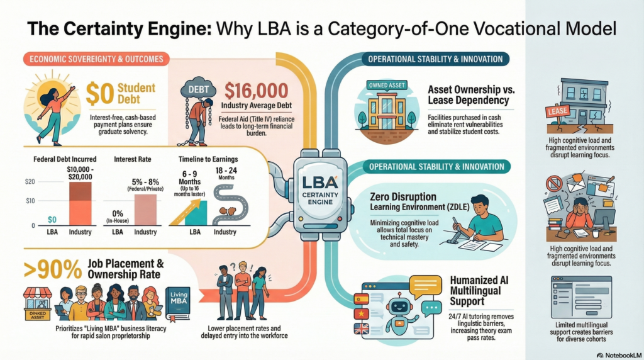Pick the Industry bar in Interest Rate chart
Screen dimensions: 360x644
coord(145,209)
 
